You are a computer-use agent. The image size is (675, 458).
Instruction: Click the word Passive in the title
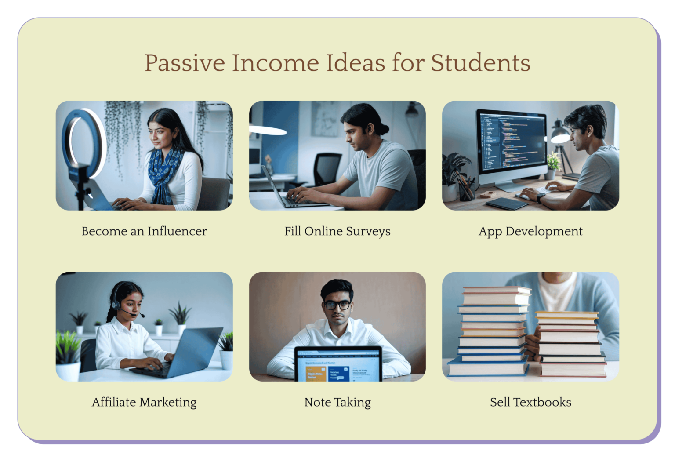tap(185, 63)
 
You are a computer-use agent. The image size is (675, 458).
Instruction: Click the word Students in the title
tap(480, 63)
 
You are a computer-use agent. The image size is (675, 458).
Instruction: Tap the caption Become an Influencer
tap(144, 231)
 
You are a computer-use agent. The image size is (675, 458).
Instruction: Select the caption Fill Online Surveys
tap(337, 231)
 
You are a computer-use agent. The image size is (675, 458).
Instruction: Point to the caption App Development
tap(530, 231)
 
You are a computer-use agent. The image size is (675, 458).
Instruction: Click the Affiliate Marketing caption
tap(144, 402)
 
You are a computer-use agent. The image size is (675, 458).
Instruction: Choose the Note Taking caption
tap(337, 402)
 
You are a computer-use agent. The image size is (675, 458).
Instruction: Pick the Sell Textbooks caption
tap(530, 402)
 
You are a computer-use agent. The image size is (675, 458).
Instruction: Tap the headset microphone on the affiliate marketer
tap(142, 315)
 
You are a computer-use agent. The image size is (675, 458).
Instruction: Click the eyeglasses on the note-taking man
tap(337, 305)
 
